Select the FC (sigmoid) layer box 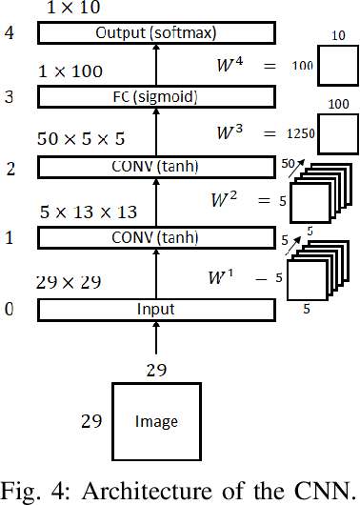coord(154,97)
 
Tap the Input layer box coord(154,310)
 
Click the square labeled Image coord(156,420)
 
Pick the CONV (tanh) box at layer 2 coord(154,168)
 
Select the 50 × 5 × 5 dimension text coord(81,138)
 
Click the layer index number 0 coord(10,310)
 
